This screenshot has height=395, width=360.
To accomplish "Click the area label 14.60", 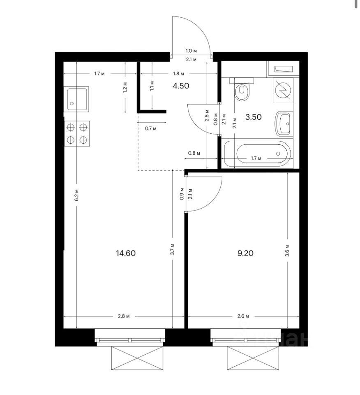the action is [x=126, y=253].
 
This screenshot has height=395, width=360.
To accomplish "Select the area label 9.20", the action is [x=245, y=253].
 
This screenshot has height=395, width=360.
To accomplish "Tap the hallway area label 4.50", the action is [x=181, y=86].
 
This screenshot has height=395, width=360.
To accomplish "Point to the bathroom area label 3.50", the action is [x=253, y=117].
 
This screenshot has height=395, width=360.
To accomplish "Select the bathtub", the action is [x=257, y=153].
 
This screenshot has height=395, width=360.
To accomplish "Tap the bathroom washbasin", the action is [x=284, y=124].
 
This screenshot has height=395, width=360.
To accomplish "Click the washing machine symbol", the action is [x=283, y=90].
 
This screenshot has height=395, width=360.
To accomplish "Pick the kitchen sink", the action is [x=76, y=99].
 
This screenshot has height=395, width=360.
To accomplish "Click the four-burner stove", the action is [x=77, y=133].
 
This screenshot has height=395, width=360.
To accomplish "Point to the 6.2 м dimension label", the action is [x=76, y=195].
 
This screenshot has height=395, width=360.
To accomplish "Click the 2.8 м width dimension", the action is [x=124, y=316].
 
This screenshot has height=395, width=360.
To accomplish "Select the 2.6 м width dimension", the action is [x=243, y=316].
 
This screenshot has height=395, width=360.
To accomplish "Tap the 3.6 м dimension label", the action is [x=288, y=251].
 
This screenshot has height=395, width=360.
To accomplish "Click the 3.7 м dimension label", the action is [x=172, y=249].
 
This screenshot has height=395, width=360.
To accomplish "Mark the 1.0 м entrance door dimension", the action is [x=191, y=51].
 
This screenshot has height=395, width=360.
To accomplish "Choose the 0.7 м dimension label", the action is [x=151, y=128].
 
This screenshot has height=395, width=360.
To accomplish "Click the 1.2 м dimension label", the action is [x=125, y=87].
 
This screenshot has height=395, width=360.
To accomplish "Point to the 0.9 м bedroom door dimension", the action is [x=182, y=194].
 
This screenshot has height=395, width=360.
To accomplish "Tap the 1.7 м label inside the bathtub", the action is [x=256, y=158].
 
